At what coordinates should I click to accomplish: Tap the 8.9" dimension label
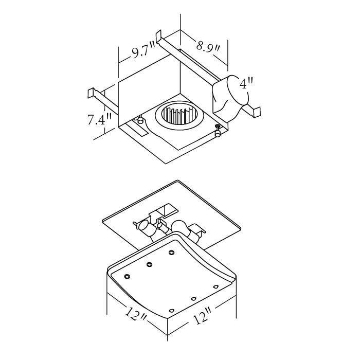pyautogui.click(x=208, y=47)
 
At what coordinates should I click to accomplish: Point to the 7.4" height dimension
pyautogui.click(x=99, y=120)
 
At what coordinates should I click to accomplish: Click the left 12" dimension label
pyautogui.click(x=136, y=315)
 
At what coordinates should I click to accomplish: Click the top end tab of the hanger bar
pyautogui.click(x=158, y=36)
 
